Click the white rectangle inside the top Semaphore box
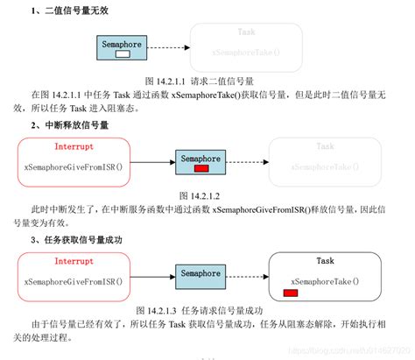click(x=123, y=53)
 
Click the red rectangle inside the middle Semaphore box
click(x=201, y=168)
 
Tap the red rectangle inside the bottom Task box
click(x=290, y=292)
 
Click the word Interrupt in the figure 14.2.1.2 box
click(x=73, y=146)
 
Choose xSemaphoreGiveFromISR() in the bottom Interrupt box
click(x=73, y=281)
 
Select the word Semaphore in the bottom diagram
click(x=201, y=273)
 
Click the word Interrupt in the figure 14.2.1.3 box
click(x=73, y=260)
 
